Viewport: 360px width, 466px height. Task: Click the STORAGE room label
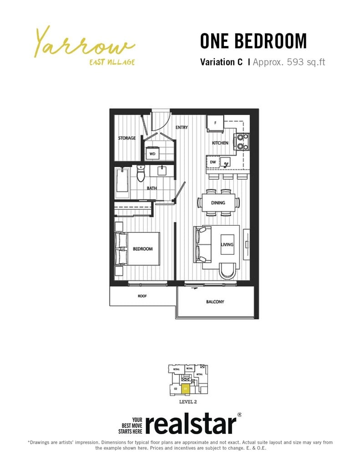click(127, 138)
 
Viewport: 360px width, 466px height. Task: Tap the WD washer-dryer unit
click(152, 154)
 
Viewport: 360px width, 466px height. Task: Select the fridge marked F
click(215, 123)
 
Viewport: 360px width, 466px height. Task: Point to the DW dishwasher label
click(213, 162)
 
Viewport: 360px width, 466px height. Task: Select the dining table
click(218, 203)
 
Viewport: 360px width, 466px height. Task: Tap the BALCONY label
click(215, 301)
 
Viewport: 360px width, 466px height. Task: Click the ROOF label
click(142, 296)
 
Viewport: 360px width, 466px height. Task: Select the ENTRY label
click(182, 127)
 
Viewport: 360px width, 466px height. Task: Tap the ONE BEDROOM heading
click(253, 41)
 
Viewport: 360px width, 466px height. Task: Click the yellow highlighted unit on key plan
click(185, 389)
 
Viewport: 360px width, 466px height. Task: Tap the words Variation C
click(221, 62)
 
